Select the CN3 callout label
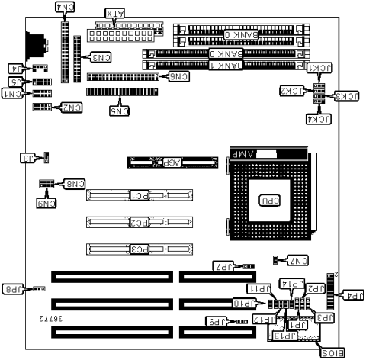(101, 57)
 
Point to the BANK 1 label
(225, 66)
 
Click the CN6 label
(178, 76)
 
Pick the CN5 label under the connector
(119, 111)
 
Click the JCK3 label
(347, 96)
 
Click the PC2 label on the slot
(138, 223)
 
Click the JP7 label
(222, 267)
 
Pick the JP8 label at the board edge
(14, 290)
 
